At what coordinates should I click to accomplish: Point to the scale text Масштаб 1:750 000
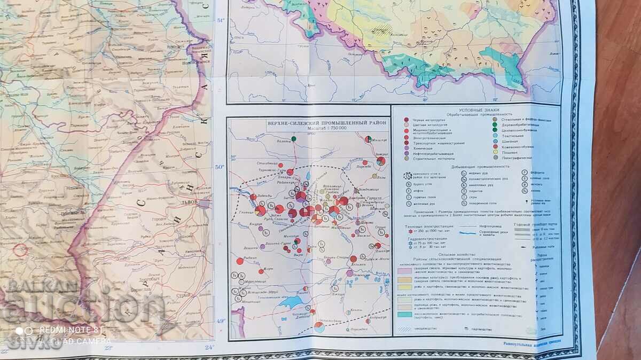click(309, 128)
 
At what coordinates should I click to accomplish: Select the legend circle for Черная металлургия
click(407, 120)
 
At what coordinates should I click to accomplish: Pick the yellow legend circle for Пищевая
click(496, 152)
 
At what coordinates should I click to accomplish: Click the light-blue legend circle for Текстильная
click(496, 136)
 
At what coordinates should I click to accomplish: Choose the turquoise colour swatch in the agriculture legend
click(404, 314)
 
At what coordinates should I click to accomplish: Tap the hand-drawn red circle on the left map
click(21, 249)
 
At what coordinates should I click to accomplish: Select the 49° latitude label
click(220, 320)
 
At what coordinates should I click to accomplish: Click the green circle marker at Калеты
click(294, 139)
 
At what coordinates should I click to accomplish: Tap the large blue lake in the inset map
click(291, 302)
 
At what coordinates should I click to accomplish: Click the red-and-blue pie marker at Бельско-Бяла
click(319, 326)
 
